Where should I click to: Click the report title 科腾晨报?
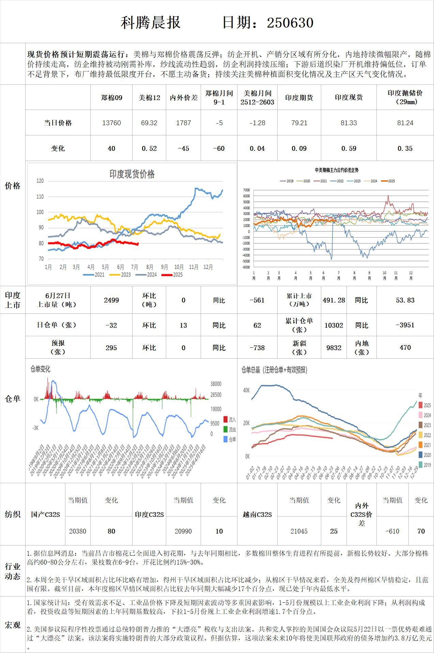151,23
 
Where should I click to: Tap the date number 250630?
290,23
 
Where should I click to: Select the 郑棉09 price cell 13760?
111,123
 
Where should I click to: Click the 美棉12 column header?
149,98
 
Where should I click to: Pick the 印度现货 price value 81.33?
348,123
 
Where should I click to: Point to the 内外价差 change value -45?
183,148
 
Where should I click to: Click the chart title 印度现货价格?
132,174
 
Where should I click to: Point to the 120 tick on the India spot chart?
40,181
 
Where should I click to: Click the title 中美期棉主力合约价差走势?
337,170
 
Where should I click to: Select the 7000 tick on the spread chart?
246,190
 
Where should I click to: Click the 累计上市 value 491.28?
334,300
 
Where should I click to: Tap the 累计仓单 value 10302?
334,325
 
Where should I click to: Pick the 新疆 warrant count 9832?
334,347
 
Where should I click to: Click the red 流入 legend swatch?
226,420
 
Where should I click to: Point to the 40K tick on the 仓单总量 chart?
246,390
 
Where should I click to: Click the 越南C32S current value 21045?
299,531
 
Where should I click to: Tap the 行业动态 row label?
13,571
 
